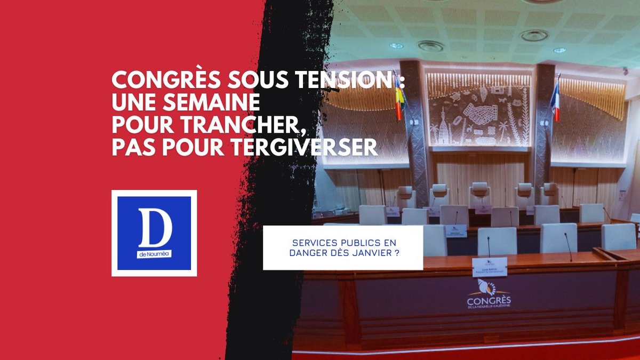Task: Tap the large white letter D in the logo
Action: (154, 226)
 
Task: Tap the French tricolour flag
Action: (556, 101)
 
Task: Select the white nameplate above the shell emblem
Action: (489, 267)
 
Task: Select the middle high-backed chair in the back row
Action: (479, 195)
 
